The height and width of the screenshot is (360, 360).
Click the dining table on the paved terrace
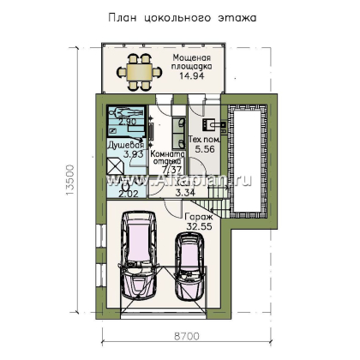point(137,67)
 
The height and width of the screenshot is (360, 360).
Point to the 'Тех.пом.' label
point(205,139)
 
